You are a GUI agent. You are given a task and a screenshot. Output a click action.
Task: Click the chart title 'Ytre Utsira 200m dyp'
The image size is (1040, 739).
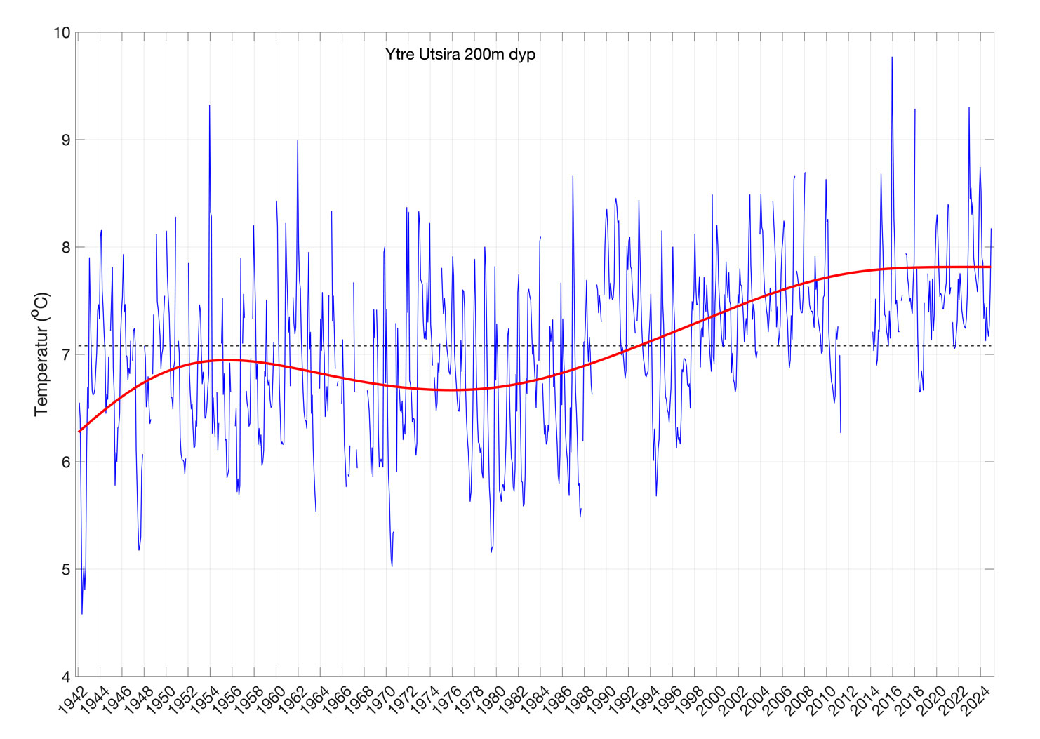(x=460, y=54)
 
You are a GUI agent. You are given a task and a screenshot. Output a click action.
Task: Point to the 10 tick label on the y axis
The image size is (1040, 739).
(x=62, y=33)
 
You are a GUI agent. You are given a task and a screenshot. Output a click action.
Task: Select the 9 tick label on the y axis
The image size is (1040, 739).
(x=66, y=140)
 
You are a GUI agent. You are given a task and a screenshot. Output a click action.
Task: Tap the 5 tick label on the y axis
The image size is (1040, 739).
(x=66, y=570)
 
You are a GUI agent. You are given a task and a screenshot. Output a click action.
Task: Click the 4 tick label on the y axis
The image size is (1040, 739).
(x=66, y=677)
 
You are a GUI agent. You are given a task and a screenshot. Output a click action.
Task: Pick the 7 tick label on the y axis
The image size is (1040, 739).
(x=66, y=355)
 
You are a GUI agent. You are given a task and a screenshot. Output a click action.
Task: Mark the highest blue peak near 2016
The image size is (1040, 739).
(x=892, y=58)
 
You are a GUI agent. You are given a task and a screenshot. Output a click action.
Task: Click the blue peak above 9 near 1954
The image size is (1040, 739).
(x=209, y=106)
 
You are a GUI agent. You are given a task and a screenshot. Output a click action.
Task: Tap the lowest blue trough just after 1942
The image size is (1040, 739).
(x=82, y=614)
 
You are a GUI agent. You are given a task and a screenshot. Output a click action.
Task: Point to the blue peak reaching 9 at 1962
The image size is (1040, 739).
(x=298, y=141)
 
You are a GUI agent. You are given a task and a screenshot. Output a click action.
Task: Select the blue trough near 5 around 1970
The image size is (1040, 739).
(x=392, y=566)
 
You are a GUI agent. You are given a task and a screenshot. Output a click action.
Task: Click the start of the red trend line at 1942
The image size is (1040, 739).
(x=79, y=432)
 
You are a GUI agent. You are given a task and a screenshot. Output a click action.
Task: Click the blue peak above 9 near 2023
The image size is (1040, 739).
(x=969, y=108)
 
